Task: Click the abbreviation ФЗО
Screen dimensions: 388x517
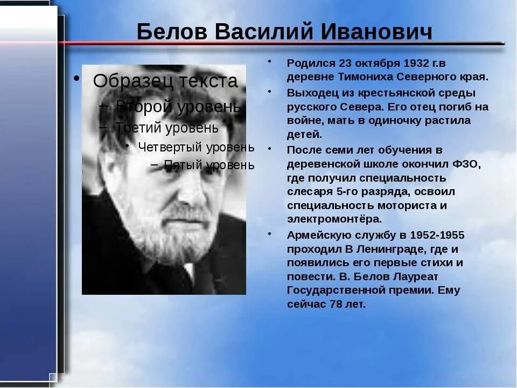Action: click(467, 164)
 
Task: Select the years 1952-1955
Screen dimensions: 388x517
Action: click(437, 235)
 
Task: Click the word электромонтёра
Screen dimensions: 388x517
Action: click(334, 219)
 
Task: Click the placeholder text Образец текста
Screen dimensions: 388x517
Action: click(165, 81)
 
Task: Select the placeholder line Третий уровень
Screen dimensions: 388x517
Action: click(167, 128)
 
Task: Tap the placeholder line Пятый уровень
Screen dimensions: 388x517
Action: click(209, 165)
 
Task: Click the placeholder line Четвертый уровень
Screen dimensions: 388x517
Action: click(196, 147)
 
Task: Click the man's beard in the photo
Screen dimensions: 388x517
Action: click(172, 237)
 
